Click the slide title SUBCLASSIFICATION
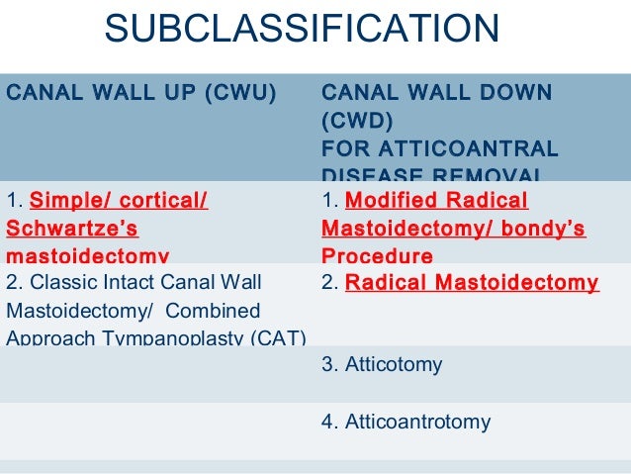coord(302,29)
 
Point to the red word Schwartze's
coord(72,229)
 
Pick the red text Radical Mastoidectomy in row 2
coord(472,283)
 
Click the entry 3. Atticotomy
coord(382,364)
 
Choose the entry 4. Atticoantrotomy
coord(406,422)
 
